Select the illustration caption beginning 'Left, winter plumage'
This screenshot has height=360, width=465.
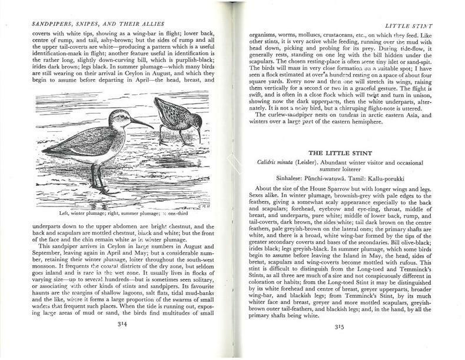pyautogui.click(x=123, y=213)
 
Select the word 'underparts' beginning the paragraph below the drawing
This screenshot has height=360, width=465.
pyautogui.click(x=51, y=226)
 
